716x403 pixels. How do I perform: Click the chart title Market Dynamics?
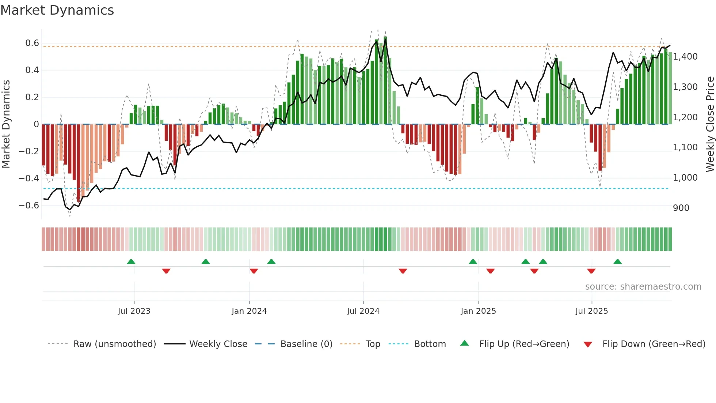pyautogui.click(x=57, y=10)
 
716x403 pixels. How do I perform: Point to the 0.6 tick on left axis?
pyautogui.click(x=32, y=43)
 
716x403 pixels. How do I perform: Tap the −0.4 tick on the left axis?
pyautogui.click(x=29, y=178)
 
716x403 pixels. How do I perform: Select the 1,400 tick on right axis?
pyautogui.click(x=685, y=57)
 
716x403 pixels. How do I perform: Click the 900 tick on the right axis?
pyautogui.click(x=681, y=208)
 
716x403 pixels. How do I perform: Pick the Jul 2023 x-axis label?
pyautogui.click(x=134, y=311)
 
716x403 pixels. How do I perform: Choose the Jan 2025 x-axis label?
pyautogui.click(x=478, y=311)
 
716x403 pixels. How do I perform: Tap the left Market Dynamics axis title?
pyautogui.click(x=6, y=124)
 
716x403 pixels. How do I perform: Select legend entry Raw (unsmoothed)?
pyautogui.click(x=114, y=344)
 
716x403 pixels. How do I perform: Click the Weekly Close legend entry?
pyautogui.click(x=218, y=344)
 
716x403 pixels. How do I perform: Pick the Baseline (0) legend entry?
pyautogui.click(x=306, y=344)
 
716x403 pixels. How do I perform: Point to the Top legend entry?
pyautogui.click(x=373, y=344)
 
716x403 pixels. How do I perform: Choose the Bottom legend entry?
pyautogui.click(x=430, y=344)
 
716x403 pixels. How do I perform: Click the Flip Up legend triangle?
pyautogui.click(x=464, y=343)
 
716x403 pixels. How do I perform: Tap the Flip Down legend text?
pyautogui.click(x=654, y=344)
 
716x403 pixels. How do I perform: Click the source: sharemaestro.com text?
pyautogui.click(x=643, y=287)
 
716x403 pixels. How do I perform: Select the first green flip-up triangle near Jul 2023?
pyautogui.click(x=131, y=261)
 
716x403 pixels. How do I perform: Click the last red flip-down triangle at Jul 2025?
pyautogui.click(x=591, y=271)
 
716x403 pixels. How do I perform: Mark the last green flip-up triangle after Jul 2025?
pyautogui.click(x=617, y=261)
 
